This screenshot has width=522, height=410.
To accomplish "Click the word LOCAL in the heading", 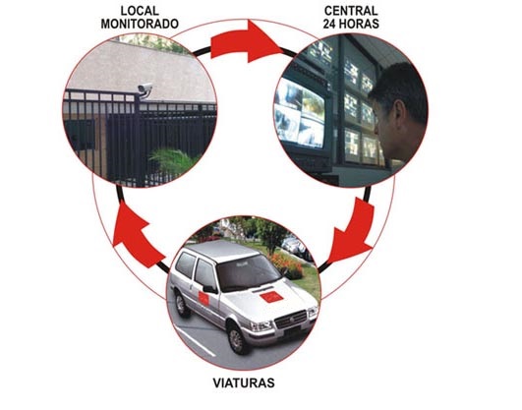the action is click(x=140, y=11).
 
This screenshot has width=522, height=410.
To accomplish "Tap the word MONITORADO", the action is click(x=140, y=24).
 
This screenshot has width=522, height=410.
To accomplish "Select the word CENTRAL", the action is click(x=351, y=11).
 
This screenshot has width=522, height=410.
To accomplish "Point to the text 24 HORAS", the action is click(x=351, y=24).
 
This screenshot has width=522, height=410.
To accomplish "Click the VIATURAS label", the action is click(x=244, y=383).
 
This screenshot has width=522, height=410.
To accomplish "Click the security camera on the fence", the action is click(x=145, y=89).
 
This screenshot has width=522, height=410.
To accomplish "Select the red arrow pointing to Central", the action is click(x=247, y=41).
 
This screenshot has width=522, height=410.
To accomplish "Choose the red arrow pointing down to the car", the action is click(x=352, y=231).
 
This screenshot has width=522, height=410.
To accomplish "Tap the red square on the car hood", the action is click(x=271, y=297).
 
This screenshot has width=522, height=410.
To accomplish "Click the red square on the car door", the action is click(x=203, y=299).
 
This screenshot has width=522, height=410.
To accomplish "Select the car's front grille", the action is click(x=291, y=320).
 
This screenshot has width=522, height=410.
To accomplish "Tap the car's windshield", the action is click(x=248, y=272).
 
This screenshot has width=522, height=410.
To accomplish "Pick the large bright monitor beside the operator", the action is click(x=301, y=112).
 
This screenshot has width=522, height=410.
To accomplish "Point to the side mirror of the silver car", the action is click(x=209, y=289).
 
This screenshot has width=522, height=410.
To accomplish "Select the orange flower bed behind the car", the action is click(x=287, y=264).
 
